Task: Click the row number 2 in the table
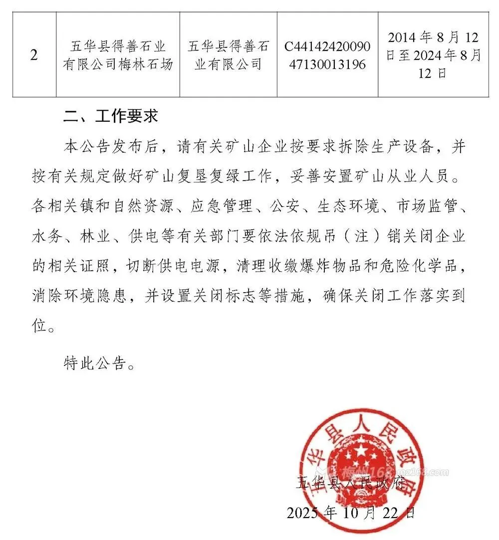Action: [34, 55]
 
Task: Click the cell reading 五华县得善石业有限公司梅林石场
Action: [118, 55]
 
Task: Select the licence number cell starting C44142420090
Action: [328, 55]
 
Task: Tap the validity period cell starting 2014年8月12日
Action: [434, 55]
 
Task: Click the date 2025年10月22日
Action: [350, 512]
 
